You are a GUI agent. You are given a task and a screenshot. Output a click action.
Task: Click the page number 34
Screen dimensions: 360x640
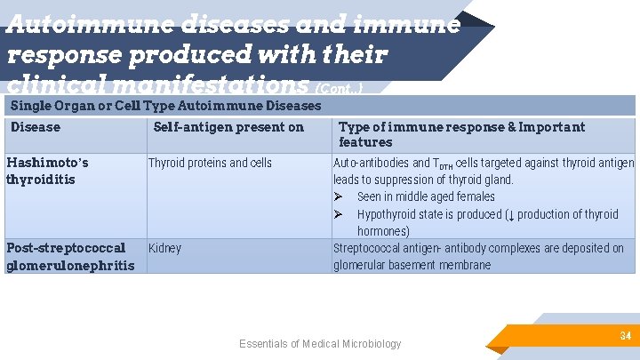(x=625, y=336)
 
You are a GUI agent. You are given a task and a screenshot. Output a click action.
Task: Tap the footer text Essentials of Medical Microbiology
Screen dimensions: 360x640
(x=320, y=344)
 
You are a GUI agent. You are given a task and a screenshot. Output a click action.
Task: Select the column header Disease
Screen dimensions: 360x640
(x=36, y=127)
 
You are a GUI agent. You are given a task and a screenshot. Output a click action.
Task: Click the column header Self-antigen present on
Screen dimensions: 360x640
(x=228, y=127)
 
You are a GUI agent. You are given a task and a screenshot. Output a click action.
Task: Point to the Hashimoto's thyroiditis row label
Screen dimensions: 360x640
(x=47, y=171)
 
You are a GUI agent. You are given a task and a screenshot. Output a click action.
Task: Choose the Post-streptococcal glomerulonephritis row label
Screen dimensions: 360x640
(x=69, y=256)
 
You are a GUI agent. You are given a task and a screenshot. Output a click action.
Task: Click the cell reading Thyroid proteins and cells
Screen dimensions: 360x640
(x=210, y=163)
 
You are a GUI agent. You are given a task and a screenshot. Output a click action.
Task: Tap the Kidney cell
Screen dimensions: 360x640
(x=164, y=248)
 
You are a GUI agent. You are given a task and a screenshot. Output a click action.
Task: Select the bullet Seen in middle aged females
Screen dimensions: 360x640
(x=426, y=196)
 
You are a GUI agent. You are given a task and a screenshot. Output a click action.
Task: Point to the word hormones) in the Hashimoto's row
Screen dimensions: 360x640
(x=383, y=231)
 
